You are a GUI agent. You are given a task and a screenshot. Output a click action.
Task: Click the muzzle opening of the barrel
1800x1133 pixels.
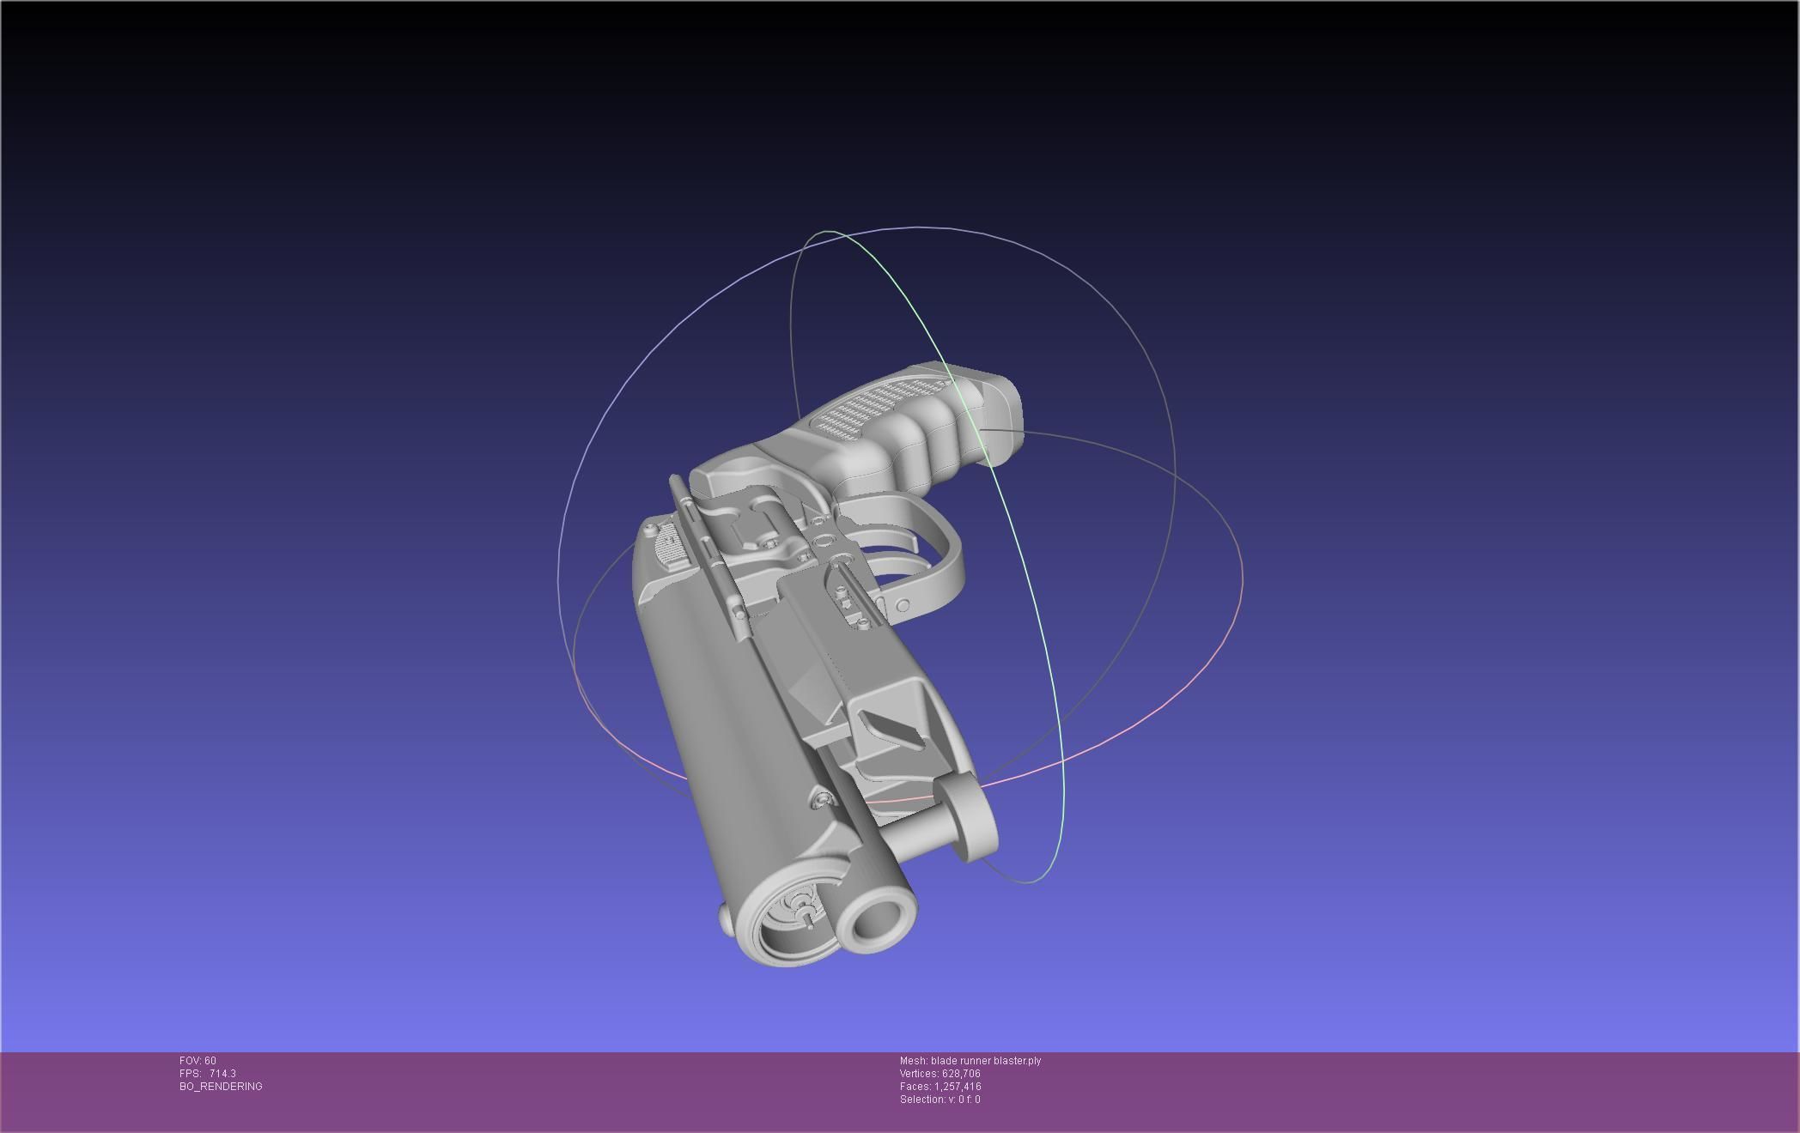point(874,921)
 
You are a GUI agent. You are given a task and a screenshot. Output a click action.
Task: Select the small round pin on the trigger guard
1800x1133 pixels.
point(903,607)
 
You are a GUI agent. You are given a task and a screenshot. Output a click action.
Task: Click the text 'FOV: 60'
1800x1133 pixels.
point(198,1061)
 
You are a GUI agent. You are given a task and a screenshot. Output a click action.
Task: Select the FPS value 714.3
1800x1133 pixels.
point(222,1074)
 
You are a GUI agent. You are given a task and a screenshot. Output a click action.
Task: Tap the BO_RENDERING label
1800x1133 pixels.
point(221,1087)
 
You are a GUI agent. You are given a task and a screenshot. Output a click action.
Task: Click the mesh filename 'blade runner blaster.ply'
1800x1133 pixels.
point(985,1061)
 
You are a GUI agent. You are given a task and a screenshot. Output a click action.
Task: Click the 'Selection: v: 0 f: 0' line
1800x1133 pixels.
point(940,1100)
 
